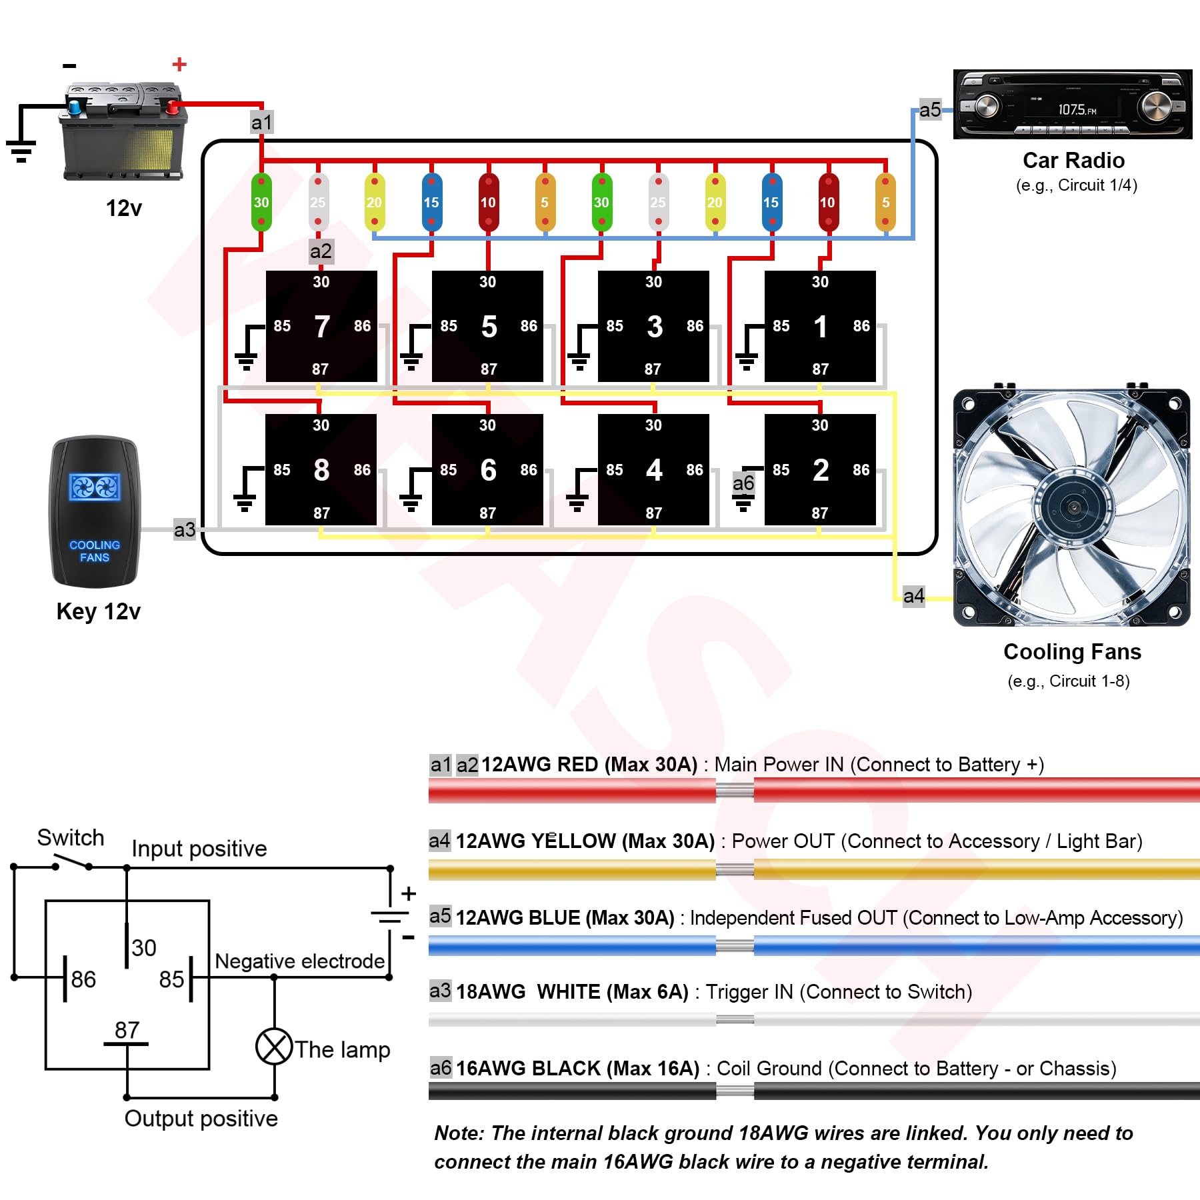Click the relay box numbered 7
tap(321, 326)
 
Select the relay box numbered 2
tap(820, 469)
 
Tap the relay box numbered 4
tap(653, 469)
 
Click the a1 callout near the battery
tap(261, 122)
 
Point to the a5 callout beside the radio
tap(930, 109)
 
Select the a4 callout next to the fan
tap(913, 595)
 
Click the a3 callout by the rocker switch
tap(185, 529)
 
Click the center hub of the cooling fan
tap(1073, 507)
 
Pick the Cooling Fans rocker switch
tap(95, 512)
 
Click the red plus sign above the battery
tap(179, 64)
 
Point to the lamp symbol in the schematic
tap(274, 1047)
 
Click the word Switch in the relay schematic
tap(71, 837)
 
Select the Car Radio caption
tap(1073, 161)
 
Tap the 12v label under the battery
tap(124, 208)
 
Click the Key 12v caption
tap(99, 611)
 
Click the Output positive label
tap(201, 1119)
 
